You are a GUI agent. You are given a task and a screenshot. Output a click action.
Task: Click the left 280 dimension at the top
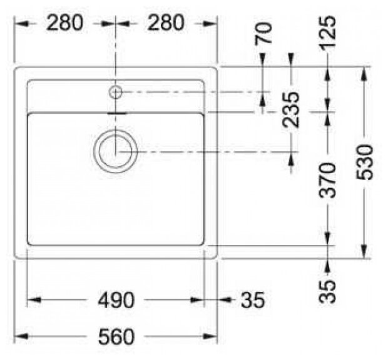(64, 22)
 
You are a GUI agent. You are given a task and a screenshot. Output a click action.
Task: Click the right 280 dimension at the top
(166, 22)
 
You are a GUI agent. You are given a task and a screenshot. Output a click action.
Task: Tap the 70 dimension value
(263, 33)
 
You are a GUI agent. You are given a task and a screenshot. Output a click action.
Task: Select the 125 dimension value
(328, 33)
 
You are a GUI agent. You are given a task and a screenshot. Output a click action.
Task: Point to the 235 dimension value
(291, 110)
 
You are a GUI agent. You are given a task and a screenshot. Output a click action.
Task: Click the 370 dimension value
(328, 181)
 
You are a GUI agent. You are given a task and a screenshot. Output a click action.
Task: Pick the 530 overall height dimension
(364, 162)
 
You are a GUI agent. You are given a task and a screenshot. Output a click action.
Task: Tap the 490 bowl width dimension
(116, 300)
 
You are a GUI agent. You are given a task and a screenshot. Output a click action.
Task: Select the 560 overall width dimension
(116, 336)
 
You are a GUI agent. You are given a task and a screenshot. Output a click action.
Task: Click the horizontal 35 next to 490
(253, 300)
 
